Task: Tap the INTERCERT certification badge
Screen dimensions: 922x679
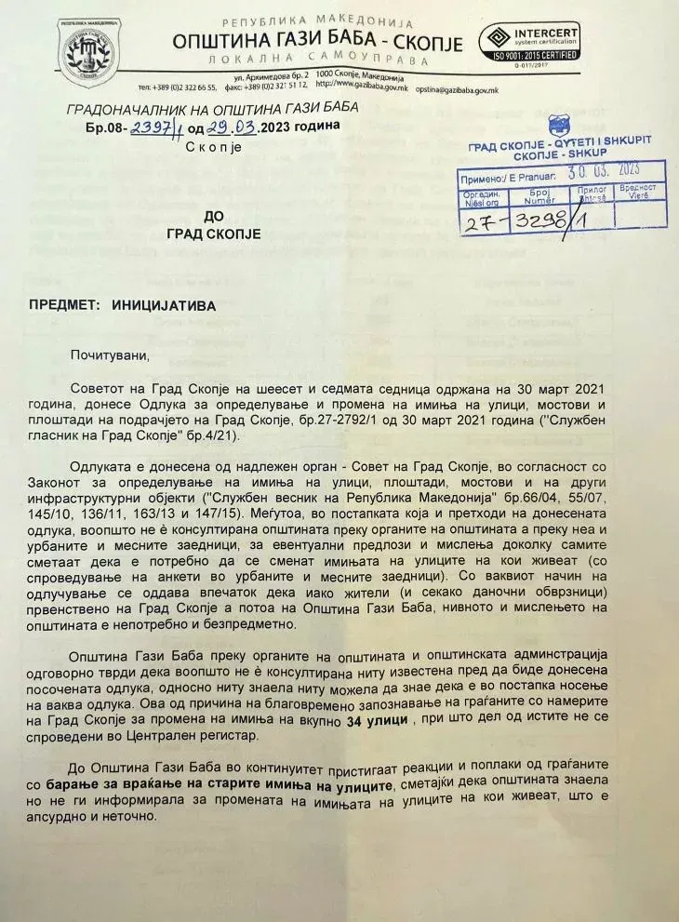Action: pos(528,42)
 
